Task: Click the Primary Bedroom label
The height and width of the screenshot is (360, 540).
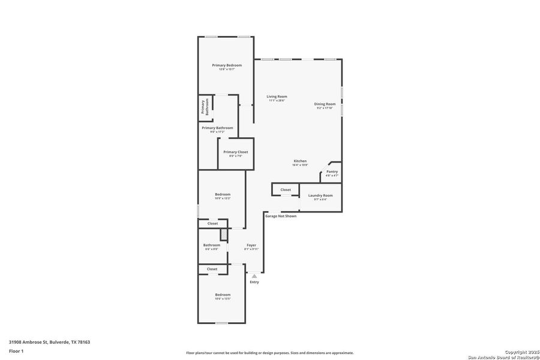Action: click(x=227, y=65)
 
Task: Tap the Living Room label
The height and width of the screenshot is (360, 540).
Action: click(x=277, y=97)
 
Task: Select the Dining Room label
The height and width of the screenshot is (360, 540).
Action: click(x=324, y=104)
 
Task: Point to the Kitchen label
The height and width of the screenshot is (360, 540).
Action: click(x=300, y=161)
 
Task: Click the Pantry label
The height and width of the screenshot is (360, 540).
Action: click(x=332, y=172)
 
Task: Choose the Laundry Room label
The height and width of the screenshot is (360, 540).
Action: click(x=320, y=196)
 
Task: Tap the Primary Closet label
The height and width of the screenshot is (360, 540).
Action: click(x=235, y=152)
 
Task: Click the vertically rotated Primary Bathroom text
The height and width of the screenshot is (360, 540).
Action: click(x=205, y=107)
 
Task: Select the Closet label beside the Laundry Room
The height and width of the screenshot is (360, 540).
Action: click(x=286, y=190)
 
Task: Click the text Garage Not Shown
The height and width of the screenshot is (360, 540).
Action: click(x=281, y=216)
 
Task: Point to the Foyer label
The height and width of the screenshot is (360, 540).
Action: click(x=251, y=245)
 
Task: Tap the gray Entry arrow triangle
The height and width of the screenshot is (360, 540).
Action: click(x=254, y=276)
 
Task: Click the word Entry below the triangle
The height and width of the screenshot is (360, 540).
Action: click(x=254, y=282)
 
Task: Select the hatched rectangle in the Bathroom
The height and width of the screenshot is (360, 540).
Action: click(x=223, y=235)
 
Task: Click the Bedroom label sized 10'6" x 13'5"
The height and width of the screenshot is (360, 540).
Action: click(x=223, y=295)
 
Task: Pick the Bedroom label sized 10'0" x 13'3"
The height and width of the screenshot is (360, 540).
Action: click(x=223, y=194)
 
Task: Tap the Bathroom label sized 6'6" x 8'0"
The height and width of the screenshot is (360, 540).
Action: click(x=212, y=245)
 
